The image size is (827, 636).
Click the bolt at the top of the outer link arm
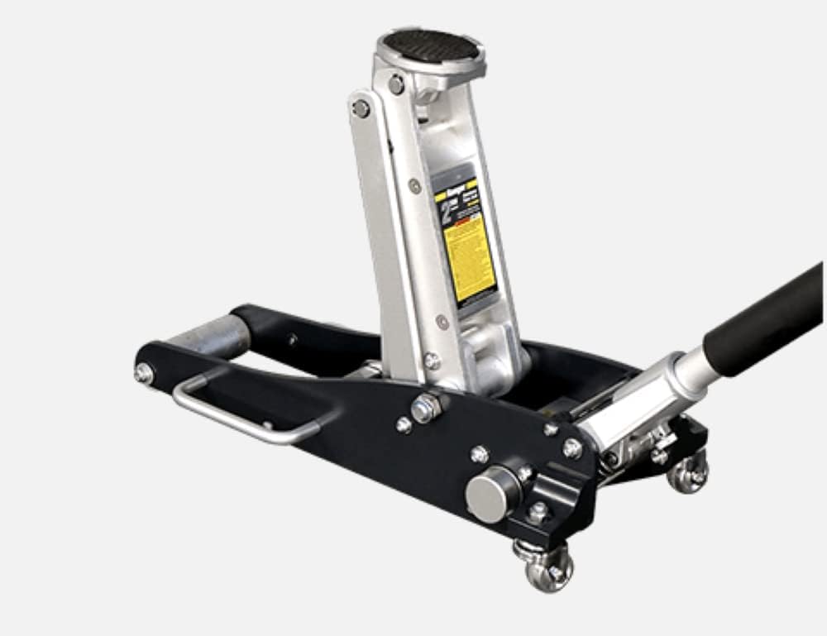361,108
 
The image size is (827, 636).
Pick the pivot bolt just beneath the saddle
397,84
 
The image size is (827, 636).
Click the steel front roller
212,336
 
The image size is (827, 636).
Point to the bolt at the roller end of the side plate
144,373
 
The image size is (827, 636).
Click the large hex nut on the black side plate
426,407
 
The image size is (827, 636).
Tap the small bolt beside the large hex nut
404,425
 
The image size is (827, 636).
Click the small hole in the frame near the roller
292,339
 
